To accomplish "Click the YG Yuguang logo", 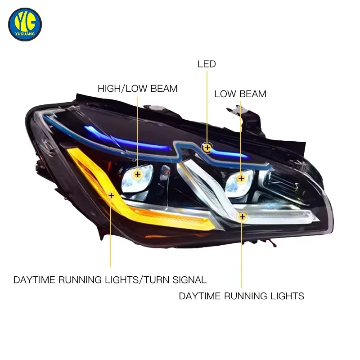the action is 25,24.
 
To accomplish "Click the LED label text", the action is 207,64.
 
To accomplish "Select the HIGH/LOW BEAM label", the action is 138,89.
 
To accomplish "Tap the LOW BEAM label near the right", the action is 240,94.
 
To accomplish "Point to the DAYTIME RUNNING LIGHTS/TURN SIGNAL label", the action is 110,280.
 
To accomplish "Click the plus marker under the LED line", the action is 207,148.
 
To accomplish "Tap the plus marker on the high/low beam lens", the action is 138,174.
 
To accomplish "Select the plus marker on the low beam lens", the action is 241,178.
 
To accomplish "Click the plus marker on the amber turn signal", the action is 111,196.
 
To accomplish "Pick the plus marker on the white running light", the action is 243,216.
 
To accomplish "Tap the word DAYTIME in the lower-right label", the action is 200,296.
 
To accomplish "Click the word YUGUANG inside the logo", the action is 25,34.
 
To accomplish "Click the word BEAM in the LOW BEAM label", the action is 252,94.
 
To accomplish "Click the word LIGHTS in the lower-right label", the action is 287,296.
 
